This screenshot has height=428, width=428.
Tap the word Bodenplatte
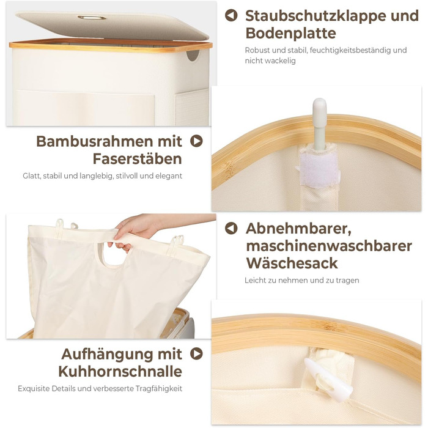click(290, 33)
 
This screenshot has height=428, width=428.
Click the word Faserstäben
click(138, 158)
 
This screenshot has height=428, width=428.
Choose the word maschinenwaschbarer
click(329, 246)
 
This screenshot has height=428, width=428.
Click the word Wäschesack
click(292, 263)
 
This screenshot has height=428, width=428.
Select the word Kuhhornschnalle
click(120, 372)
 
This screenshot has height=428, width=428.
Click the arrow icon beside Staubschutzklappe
click(231, 15)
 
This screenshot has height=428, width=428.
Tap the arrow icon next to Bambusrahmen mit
click(196, 141)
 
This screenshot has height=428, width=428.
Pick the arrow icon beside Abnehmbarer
click(231, 228)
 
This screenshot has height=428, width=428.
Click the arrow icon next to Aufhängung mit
click(196, 354)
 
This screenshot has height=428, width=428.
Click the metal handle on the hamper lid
click(92, 18)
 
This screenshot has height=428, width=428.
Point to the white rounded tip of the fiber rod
click(320, 105)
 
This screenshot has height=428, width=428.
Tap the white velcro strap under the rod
click(319, 170)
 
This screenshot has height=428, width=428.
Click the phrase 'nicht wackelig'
click(270, 61)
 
